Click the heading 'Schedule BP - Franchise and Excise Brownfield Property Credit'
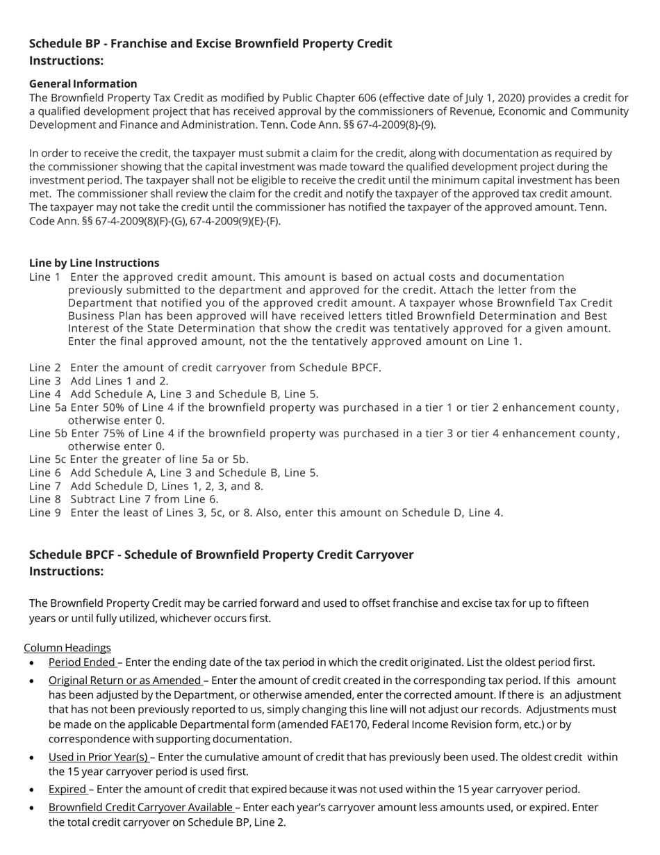tap(211, 44)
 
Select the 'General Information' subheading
tap(83, 83)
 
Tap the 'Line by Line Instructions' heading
tap(94, 263)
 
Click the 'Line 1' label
tap(44, 277)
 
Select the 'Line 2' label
tap(44, 368)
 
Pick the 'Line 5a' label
tap(48, 407)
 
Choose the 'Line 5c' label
tap(47, 459)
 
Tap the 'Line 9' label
tap(44, 513)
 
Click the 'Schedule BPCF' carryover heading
tap(221, 555)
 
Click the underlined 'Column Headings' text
tap(67, 648)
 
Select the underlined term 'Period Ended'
tap(81, 662)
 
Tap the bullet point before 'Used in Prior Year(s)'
tap(33, 758)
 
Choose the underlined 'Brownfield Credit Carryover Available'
tap(140, 808)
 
